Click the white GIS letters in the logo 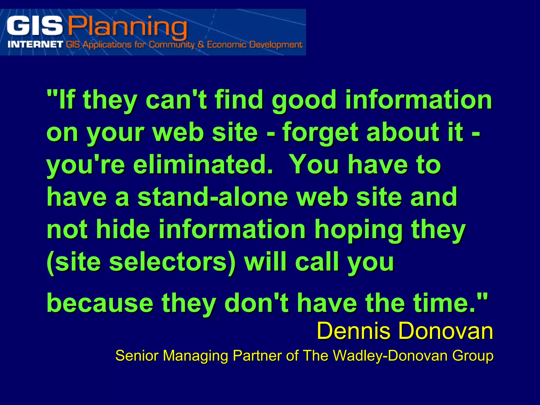[x=34, y=26]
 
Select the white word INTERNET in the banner [x=35, y=44]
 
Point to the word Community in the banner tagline [x=171, y=45]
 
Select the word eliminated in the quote [x=203, y=165]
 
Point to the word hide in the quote [x=123, y=229]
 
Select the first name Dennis [x=353, y=331]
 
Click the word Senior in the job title [x=137, y=356]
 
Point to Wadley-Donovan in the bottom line [x=390, y=356]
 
